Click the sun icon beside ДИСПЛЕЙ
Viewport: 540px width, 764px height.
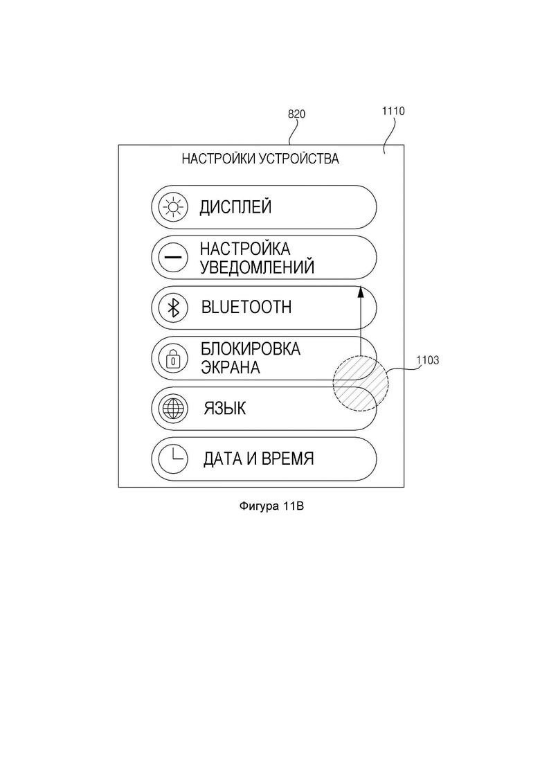(x=174, y=207)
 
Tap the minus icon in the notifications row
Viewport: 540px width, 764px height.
(x=173, y=257)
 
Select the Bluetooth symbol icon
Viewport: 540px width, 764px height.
(x=174, y=308)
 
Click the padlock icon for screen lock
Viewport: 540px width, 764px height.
(x=173, y=359)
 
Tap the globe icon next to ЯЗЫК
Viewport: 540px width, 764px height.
(x=173, y=408)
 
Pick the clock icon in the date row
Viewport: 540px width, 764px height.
(x=173, y=459)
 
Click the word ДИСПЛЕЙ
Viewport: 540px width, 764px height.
(x=235, y=207)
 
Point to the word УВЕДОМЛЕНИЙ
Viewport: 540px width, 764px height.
(x=257, y=267)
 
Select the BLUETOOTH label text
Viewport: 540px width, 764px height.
(x=246, y=308)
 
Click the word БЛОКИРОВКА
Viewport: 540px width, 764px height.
(x=251, y=349)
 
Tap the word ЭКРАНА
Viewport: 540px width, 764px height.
(x=231, y=367)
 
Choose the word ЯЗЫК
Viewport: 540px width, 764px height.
(x=225, y=408)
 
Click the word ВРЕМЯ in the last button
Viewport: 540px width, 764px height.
(x=288, y=459)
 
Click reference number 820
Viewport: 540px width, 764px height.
(x=296, y=114)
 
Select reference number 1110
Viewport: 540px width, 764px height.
(x=393, y=111)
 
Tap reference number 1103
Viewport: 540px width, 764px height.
(x=428, y=360)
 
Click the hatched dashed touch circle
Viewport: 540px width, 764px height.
(x=361, y=384)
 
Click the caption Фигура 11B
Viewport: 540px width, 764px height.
(x=271, y=506)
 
